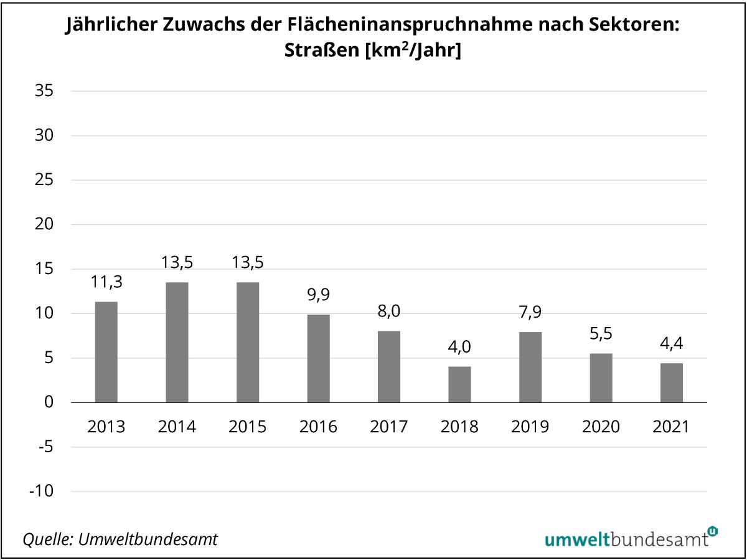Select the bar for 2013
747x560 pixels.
[106, 352]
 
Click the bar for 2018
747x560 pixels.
[459, 384]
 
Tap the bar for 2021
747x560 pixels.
[672, 382]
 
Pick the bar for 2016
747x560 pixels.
[318, 358]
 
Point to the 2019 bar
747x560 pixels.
[530, 367]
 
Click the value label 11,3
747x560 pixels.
[106, 282]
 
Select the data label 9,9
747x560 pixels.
[318, 295]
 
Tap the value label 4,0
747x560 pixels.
[459, 347]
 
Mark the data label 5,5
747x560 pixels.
[601, 334]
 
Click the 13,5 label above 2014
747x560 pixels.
[177, 262]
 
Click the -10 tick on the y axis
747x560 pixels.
[42, 491]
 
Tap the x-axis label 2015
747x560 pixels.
[247, 427]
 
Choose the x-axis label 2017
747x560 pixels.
[388, 427]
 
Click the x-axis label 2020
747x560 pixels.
[601, 427]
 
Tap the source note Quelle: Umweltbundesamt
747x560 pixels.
[120, 539]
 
